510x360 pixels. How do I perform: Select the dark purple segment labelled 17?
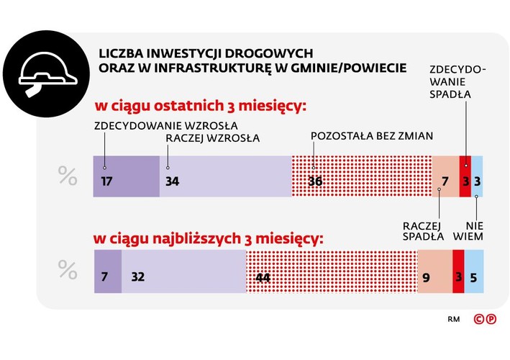coord(127,176)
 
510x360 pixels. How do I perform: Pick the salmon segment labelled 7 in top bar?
coord(445,176)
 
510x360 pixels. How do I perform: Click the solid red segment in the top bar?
coord(465,176)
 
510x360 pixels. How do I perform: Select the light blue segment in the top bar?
coord(476,176)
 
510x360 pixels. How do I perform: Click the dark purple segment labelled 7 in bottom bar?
coord(108,271)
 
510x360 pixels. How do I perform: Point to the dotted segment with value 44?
coord(331,271)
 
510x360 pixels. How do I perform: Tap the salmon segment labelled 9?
coord(434,271)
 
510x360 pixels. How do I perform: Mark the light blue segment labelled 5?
coord(473,271)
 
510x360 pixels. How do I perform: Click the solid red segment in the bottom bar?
coord(458,271)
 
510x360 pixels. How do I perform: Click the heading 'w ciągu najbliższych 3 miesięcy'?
coord(209,237)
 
